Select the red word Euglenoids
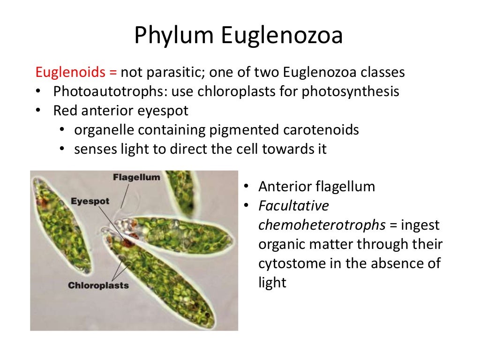70,73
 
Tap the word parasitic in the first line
175,73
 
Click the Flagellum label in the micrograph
136,177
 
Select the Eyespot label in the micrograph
90,201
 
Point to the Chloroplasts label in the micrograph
98,285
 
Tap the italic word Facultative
293,206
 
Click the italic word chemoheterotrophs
322,225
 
